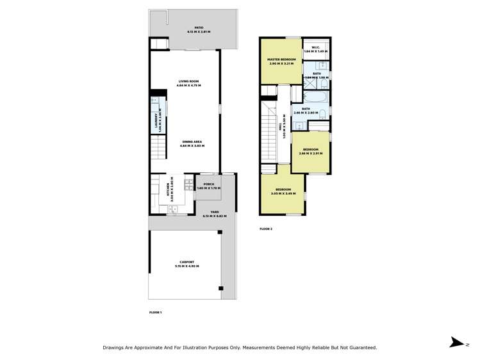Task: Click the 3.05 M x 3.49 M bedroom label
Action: (x=283, y=191)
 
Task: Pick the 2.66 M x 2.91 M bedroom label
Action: (x=310, y=151)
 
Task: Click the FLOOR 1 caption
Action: (x=155, y=312)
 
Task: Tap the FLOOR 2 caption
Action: (x=266, y=229)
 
